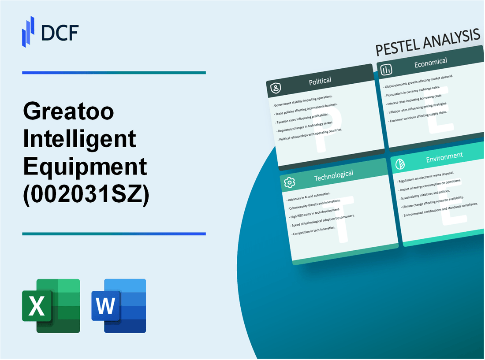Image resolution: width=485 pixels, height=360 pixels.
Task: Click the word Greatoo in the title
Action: pyautogui.click(x=68, y=112)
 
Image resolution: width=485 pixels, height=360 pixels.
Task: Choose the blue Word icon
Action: pyautogui.click(x=119, y=305)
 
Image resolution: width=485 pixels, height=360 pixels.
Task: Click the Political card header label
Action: pyautogui.click(x=320, y=81)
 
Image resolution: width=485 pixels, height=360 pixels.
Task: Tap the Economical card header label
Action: pyautogui.click(x=430, y=63)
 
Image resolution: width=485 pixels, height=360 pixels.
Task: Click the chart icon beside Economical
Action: pyautogui.click(x=387, y=70)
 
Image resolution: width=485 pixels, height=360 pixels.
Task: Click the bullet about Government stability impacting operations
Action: pyautogui.click(x=303, y=101)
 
